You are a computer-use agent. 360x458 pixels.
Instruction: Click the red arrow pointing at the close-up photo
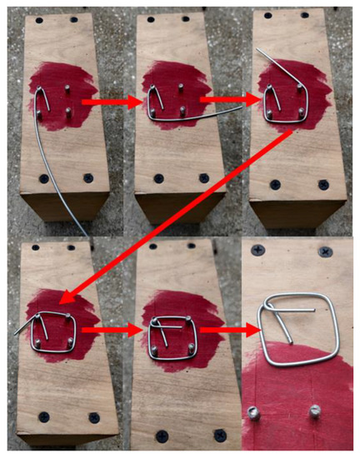tap(224, 334)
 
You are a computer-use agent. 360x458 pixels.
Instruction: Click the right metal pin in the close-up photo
tap(315, 411)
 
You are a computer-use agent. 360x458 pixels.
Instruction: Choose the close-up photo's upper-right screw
tap(323, 250)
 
